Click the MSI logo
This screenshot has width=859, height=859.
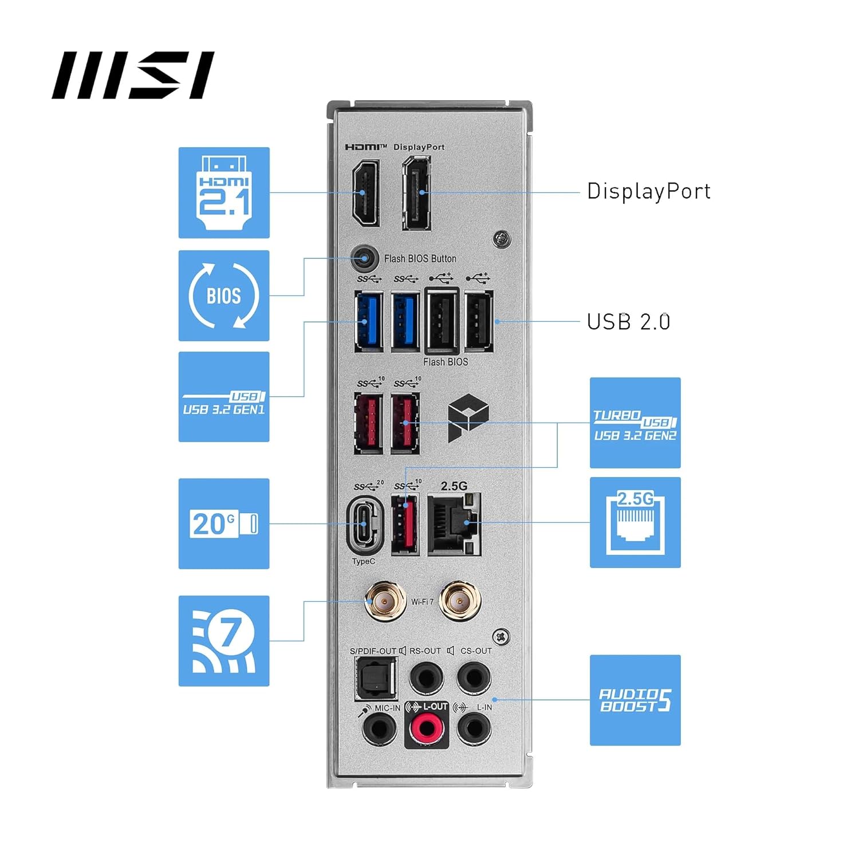[133, 75]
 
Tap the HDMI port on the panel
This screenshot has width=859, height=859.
[365, 193]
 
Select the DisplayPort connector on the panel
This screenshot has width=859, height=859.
[416, 193]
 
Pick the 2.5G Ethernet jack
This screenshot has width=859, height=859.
[454, 523]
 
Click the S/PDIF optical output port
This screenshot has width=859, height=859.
[376, 679]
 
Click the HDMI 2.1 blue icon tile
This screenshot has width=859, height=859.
[224, 192]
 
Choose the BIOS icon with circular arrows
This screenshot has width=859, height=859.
[224, 295]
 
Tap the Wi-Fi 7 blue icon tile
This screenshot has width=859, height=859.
[224, 641]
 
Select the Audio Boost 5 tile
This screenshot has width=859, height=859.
[635, 700]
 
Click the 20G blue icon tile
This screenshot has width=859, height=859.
[224, 523]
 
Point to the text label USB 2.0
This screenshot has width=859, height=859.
[628, 322]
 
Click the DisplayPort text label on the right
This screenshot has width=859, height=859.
[648, 191]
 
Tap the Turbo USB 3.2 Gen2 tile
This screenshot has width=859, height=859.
[635, 423]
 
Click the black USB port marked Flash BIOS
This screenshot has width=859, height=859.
[442, 321]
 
